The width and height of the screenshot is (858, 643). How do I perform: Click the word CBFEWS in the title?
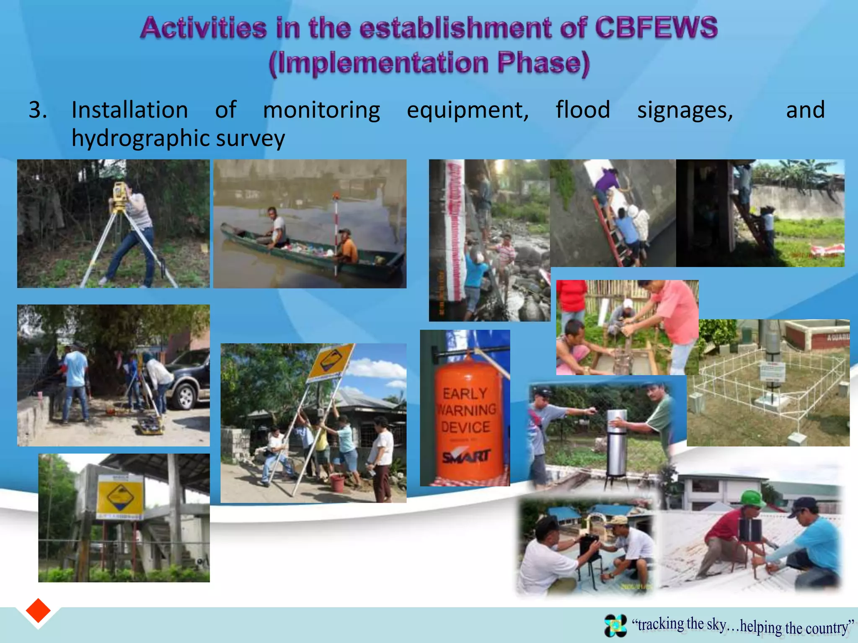coord(656,28)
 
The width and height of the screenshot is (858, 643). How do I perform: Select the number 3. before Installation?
coord(38,111)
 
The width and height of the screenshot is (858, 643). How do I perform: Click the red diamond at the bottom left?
coord(38,611)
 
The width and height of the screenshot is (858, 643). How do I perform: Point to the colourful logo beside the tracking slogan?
coord(615,625)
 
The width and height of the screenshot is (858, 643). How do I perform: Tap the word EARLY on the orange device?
coord(465,394)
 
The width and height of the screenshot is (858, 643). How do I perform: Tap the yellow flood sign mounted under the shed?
coord(120,496)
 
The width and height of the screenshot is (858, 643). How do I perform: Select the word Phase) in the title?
coord(543,63)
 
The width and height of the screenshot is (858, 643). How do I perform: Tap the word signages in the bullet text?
coord(685,111)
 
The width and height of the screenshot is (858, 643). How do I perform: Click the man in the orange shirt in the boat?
coord(347,247)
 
